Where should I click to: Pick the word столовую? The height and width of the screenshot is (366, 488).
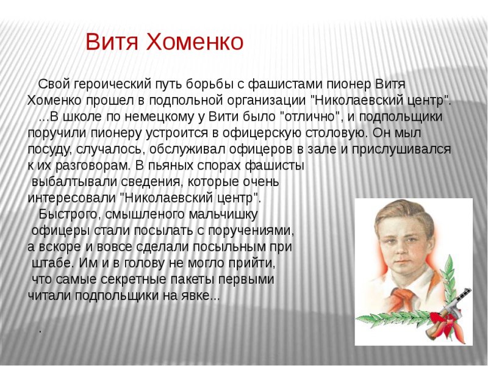pos(337,133)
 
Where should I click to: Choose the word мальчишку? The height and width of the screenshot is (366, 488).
pos(223,214)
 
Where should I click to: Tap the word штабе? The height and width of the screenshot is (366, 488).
pos(48,263)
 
